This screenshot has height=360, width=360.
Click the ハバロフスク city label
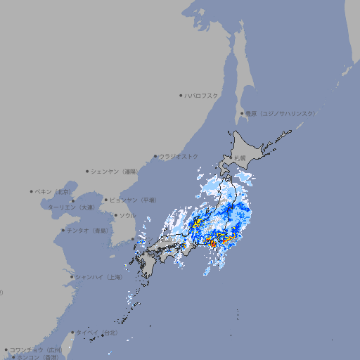[202, 95]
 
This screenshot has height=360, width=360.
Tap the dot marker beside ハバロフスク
[181, 95]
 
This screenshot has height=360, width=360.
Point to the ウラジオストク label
[179, 156]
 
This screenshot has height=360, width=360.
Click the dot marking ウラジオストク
[155, 156]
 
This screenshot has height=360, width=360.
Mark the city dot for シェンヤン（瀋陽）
[87, 171]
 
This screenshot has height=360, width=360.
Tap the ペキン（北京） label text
[53, 191]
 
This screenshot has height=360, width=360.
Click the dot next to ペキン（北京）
[32, 191]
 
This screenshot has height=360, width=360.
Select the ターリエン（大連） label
[70, 207]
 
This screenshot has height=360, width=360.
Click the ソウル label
[127, 215]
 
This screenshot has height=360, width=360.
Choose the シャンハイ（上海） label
[98, 277]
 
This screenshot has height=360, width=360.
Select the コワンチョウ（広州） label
[35, 349]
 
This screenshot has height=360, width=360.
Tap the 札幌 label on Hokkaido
[241, 158]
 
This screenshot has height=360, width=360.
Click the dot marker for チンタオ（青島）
[63, 230]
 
